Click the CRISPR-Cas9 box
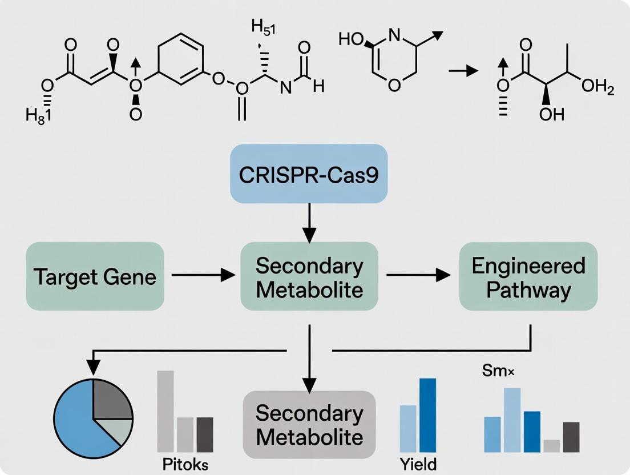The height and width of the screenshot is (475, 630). click(309, 174)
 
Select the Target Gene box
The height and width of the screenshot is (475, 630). click(95, 277)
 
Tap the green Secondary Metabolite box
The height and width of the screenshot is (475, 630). click(309, 277)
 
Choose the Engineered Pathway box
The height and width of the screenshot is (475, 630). click(528, 277)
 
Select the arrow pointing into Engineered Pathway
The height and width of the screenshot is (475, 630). click(417, 276)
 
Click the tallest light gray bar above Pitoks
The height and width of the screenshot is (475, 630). click(165, 411)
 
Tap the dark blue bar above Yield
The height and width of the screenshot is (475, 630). click(427, 414)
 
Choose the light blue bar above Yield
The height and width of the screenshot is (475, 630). click(408, 428)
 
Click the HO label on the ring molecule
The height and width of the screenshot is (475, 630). click(350, 40)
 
